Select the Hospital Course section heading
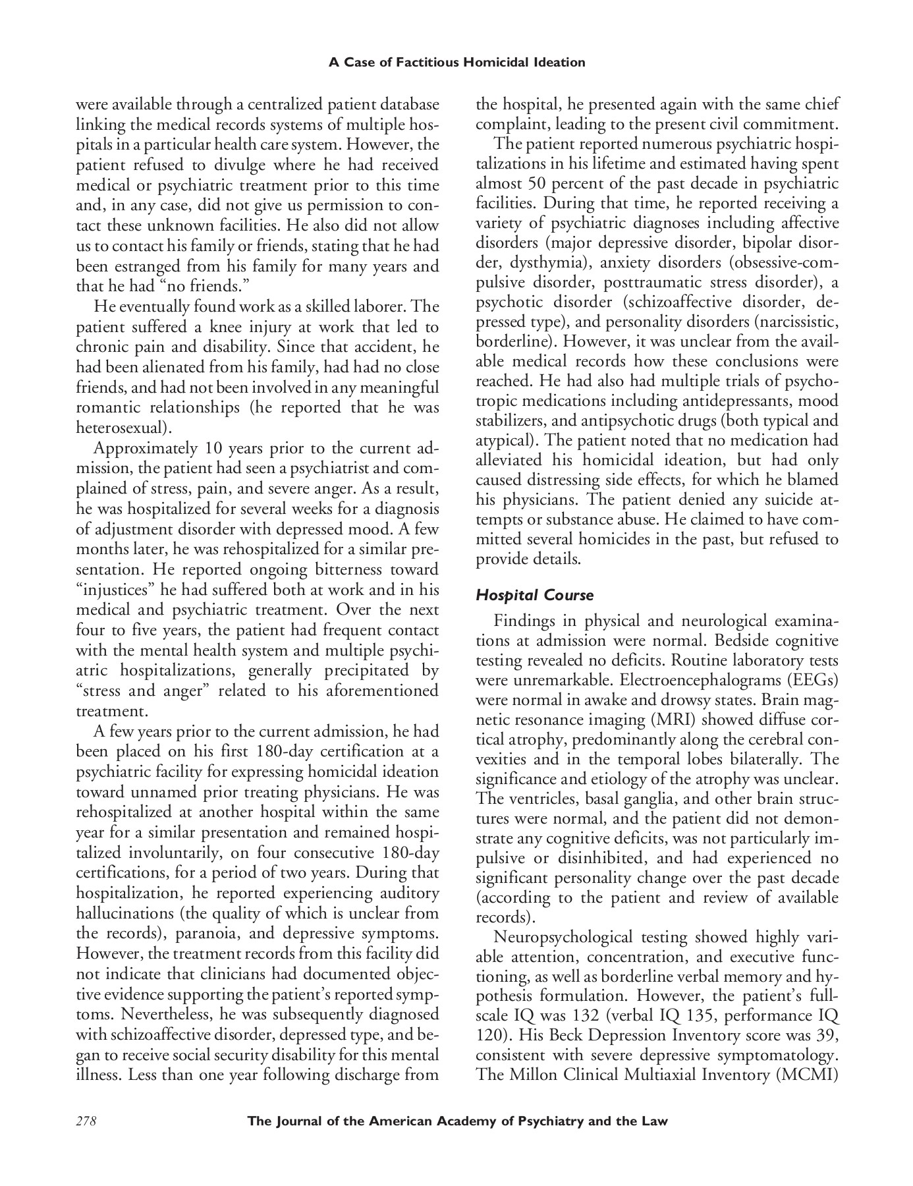[534, 596]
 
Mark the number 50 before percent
[545, 183]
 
